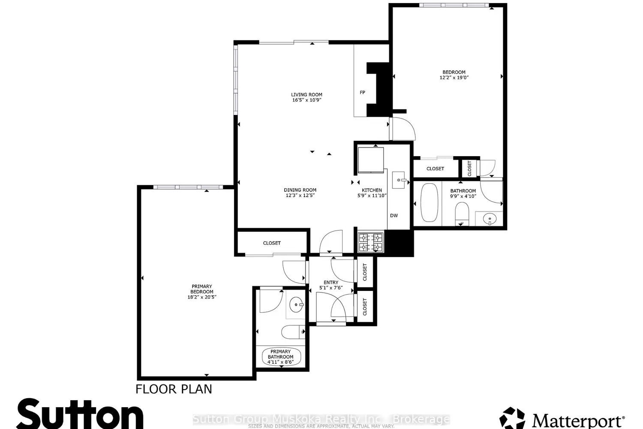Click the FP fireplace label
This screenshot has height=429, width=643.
(362, 92)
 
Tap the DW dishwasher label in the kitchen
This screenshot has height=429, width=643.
(394, 215)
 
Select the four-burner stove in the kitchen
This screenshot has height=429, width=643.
(371, 242)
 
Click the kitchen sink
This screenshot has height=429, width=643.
(399, 180)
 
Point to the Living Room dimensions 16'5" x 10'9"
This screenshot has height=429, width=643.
(306, 100)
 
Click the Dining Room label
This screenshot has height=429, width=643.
(300, 190)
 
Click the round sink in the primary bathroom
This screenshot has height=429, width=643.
(296, 305)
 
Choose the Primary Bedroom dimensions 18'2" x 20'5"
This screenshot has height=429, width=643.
(201, 297)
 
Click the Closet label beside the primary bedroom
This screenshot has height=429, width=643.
(272, 243)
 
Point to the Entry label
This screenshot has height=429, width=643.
(331, 282)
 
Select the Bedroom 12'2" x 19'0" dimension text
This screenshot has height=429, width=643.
(454, 78)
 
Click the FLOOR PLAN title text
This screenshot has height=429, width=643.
(174, 389)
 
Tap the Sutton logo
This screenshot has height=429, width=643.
(80, 414)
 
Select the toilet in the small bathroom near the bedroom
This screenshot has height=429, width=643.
(462, 213)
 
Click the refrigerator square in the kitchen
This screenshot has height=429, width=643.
(370, 159)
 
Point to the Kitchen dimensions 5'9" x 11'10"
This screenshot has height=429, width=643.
(372, 196)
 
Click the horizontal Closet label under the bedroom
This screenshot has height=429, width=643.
(435, 169)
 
